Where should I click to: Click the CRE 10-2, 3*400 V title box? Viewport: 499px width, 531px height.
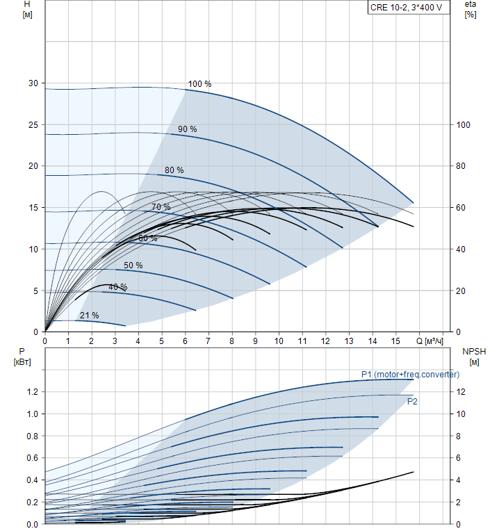[x=406, y=8]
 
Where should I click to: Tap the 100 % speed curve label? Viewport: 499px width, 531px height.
[x=199, y=84]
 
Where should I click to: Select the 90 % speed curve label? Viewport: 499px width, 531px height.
[x=187, y=129]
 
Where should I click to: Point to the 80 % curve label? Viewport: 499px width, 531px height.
[x=174, y=170]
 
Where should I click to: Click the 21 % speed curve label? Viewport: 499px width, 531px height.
[x=89, y=316]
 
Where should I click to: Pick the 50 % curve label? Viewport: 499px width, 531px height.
[x=133, y=265]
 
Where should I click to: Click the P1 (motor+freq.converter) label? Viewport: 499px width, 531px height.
[x=410, y=375]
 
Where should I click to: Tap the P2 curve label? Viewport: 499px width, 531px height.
[x=412, y=401]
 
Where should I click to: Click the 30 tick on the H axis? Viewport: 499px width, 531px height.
[x=33, y=83]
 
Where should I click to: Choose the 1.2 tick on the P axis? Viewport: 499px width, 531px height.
[x=32, y=392]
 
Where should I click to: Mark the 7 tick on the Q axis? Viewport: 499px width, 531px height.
[x=208, y=341]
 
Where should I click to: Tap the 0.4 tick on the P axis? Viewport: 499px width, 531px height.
[x=32, y=480]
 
